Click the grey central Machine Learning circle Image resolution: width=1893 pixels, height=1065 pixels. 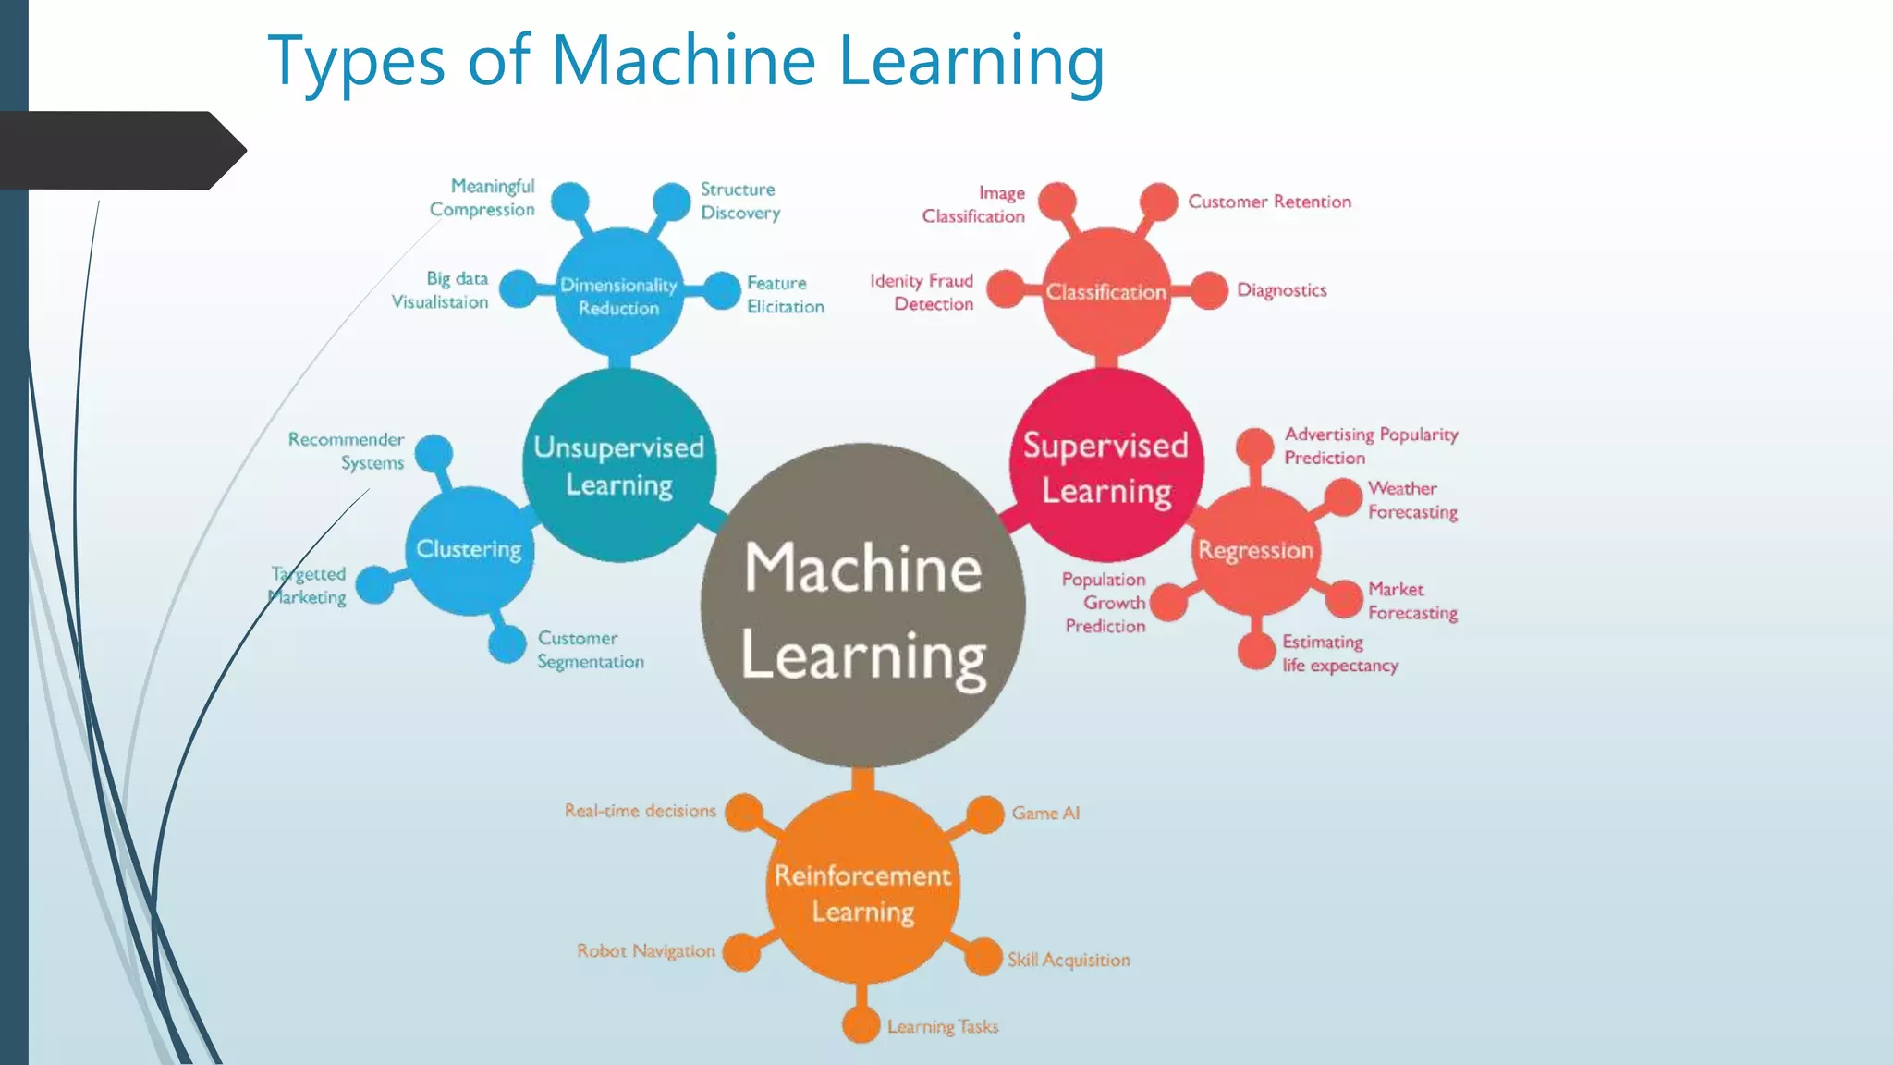coord(862,606)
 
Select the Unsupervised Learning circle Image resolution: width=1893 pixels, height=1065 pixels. coord(619,465)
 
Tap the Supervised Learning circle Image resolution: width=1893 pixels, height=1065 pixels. coord(1105,465)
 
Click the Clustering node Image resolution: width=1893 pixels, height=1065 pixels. coord(470,551)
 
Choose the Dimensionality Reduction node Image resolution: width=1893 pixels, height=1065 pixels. coord(619,294)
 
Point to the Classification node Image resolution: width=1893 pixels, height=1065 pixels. coord(1105,292)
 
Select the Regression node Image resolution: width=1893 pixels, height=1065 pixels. coord(1255,551)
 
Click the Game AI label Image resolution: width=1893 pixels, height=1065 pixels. coord(1045,814)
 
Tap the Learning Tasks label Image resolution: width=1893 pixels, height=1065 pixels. coord(943,1027)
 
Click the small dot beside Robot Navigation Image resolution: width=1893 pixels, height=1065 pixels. coord(740,952)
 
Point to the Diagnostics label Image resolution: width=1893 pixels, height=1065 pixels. coord(1281,290)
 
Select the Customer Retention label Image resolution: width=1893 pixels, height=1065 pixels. coord(1269,202)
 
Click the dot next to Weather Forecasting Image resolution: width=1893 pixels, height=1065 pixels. coord(1343,497)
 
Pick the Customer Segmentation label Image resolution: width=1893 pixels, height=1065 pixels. coord(591,650)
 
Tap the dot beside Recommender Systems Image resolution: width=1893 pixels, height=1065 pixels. coord(434,453)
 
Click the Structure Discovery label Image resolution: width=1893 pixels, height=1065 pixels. coord(739,201)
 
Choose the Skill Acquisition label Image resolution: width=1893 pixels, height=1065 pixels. coord(1069,960)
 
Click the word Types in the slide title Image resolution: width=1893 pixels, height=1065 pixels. coord(356,61)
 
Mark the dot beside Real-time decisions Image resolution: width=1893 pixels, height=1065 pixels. coord(744,813)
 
